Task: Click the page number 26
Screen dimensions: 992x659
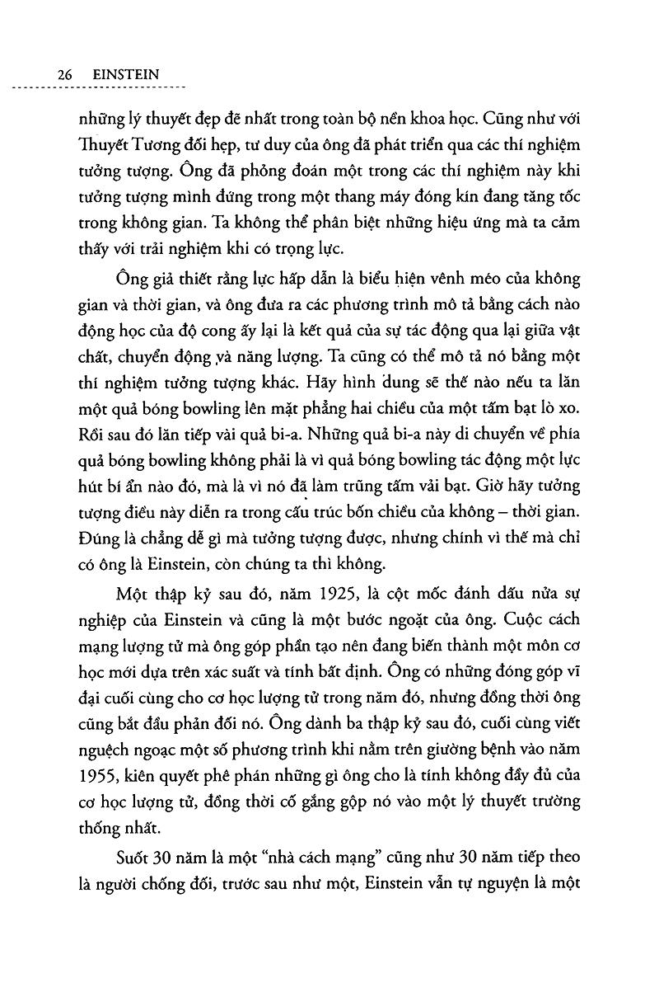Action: (66, 74)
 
